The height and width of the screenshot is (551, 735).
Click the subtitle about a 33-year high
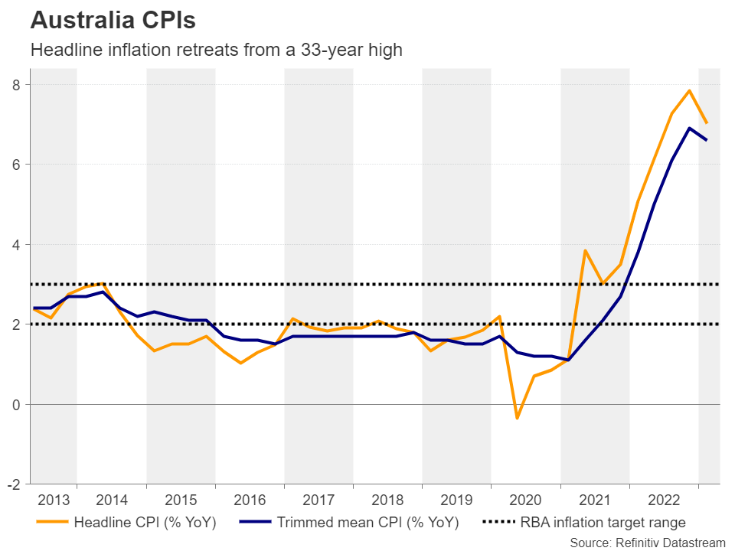[215, 51]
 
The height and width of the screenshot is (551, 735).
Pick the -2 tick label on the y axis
[13, 484]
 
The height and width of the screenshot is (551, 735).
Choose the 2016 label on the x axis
[250, 500]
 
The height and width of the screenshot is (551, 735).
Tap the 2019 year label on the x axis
[456, 500]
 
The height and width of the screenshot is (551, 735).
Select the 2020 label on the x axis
[525, 500]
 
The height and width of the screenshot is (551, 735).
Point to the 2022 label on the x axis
[664, 500]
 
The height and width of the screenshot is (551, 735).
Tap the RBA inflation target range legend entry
[586, 523]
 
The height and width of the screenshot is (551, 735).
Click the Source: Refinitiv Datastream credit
[647, 542]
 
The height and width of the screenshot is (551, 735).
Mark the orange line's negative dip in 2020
[517, 418]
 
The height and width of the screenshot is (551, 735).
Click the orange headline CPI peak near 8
[689, 91]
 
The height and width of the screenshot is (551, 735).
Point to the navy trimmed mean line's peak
[689, 128]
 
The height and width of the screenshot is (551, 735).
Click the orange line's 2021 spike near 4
[586, 250]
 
